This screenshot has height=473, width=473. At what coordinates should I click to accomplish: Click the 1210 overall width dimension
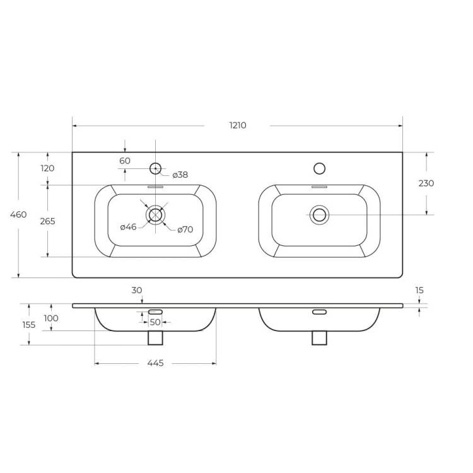click(238, 126)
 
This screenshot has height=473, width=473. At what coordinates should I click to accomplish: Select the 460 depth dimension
click(18, 214)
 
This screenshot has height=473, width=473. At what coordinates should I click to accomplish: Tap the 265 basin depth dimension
click(48, 221)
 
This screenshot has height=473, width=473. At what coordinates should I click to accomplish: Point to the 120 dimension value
click(48, 168)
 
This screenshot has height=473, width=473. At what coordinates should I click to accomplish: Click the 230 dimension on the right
click(426, 183)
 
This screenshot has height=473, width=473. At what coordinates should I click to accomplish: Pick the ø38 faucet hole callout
click(180, 175)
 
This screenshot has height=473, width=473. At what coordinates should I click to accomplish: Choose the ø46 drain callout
click(128, 227)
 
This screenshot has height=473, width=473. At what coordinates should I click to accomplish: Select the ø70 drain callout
click(185, 230)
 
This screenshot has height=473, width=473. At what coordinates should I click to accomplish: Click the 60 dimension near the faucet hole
click(125, 161)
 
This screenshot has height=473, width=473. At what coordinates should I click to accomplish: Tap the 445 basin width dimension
click(155, 363)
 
